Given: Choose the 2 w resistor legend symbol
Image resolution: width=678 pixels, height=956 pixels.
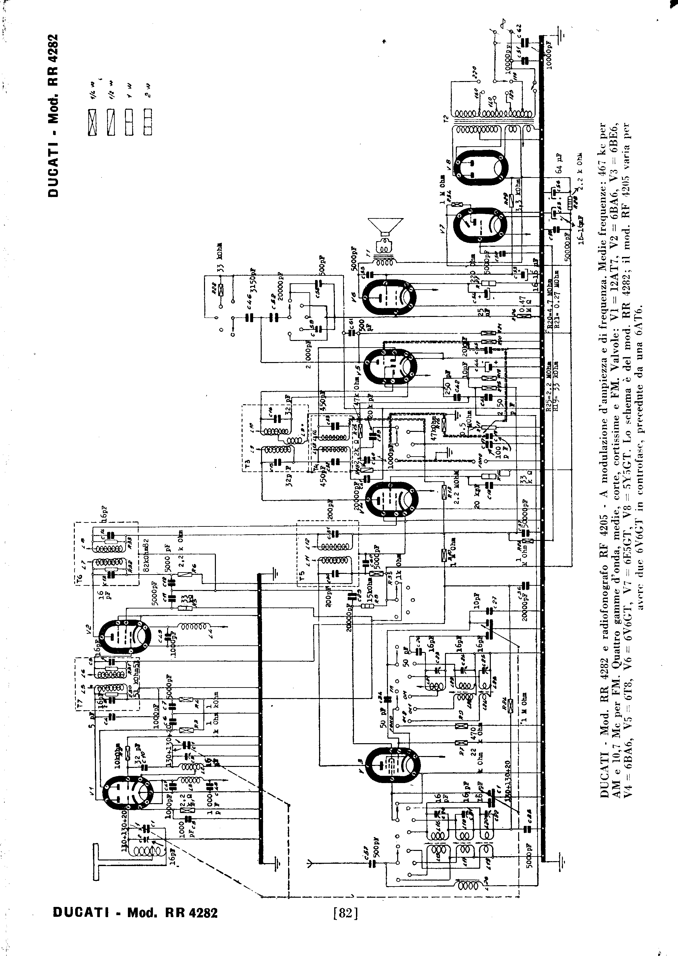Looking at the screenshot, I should (x=148, y=122).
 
